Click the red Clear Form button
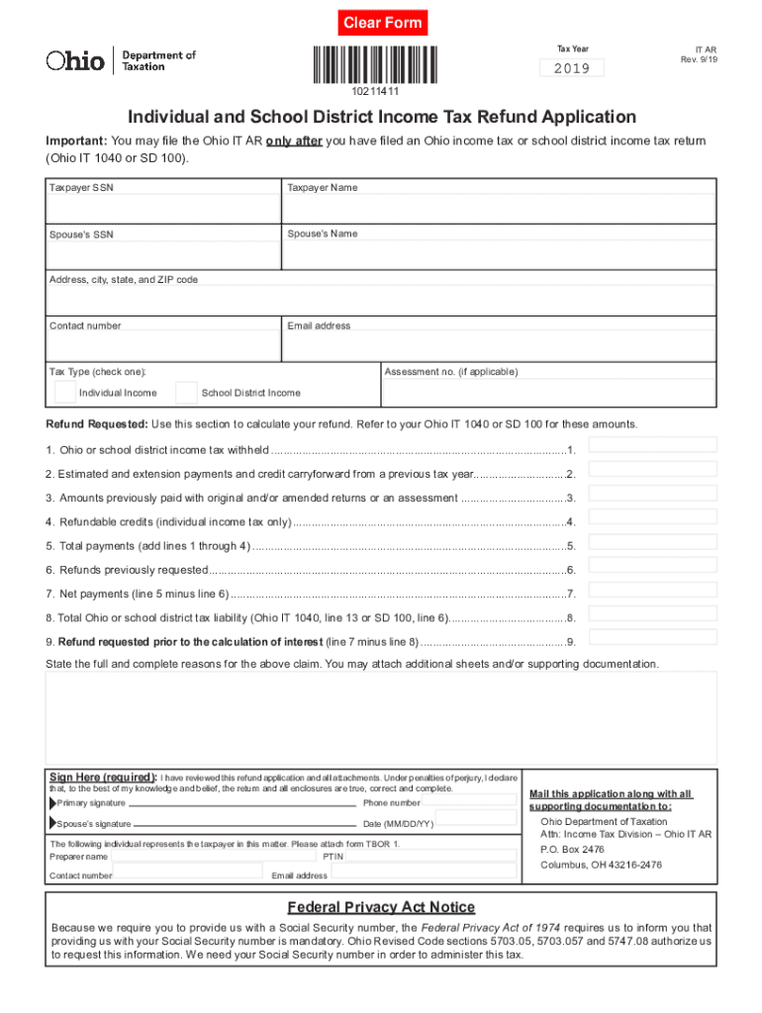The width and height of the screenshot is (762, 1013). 382,23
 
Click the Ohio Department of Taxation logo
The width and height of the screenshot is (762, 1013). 121,60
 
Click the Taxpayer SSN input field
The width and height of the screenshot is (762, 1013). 163,209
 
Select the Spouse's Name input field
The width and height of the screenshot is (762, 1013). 499,254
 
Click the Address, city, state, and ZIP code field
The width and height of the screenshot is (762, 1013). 381,300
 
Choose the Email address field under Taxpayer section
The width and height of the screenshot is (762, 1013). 499,345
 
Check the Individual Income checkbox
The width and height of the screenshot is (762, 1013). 64,393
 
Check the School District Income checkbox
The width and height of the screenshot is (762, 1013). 186,393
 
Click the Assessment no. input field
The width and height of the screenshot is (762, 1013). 548,393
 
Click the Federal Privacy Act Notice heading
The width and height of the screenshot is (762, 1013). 381,907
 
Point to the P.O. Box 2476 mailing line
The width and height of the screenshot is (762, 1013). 572,849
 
